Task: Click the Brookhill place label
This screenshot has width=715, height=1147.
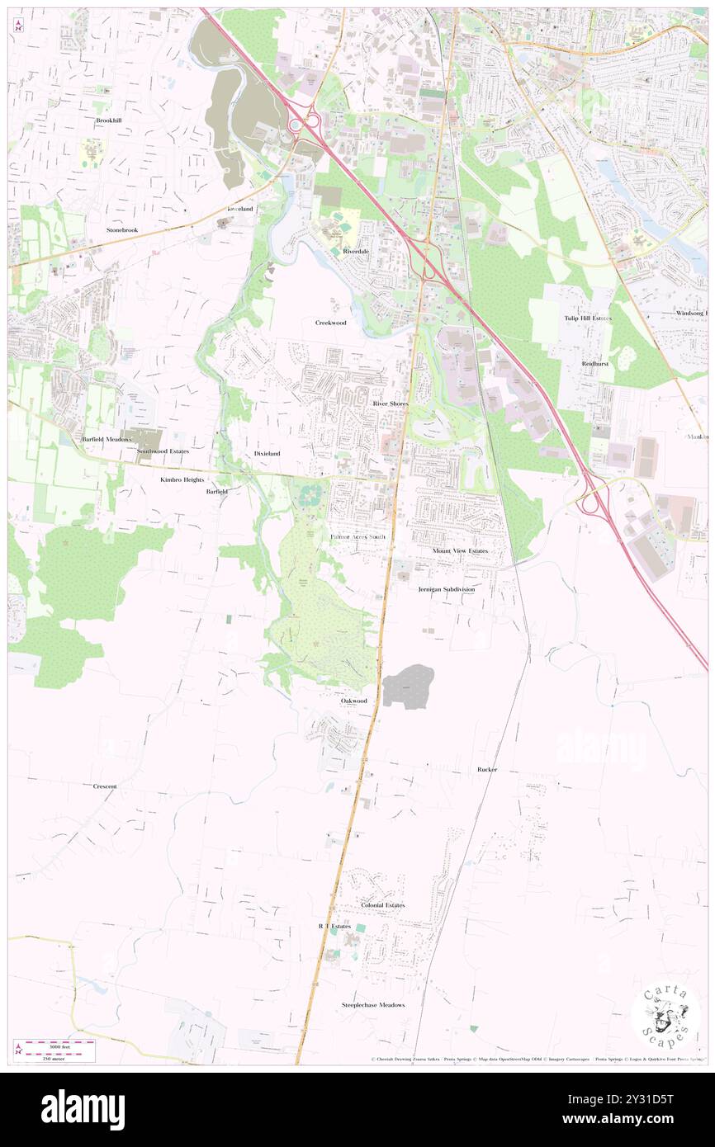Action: [x=108, y=120]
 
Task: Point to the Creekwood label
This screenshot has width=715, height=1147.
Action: [x=330, y=323]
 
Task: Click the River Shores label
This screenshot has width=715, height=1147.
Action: [x=390, y=404]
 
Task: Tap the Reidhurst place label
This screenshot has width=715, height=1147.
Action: [x=594, y=363]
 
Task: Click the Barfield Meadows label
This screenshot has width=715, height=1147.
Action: [x=107, y=440]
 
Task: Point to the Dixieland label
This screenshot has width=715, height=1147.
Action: [x=267, y=454]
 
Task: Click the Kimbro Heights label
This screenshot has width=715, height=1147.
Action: [x=182, y=479]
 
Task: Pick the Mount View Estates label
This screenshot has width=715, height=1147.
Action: [x=460, y=550]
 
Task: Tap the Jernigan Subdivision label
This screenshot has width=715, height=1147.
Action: [x=446, y=589]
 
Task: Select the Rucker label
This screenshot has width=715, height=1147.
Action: [x=487, y=769]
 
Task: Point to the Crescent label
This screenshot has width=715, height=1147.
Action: [x=105, y=786]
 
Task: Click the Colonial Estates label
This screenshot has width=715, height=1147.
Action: [x=382, y=905]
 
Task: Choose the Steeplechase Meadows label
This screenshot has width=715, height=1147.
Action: [x=374, y=1004]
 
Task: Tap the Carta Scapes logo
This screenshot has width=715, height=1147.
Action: [x=665, y=1016]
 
